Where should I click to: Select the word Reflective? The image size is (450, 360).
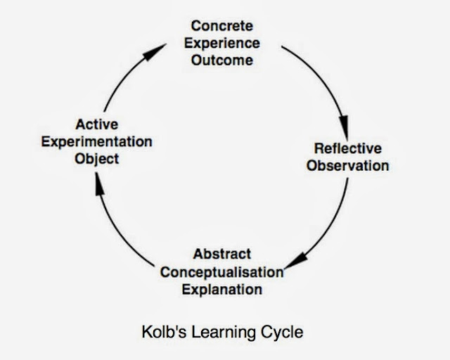click(347, 149)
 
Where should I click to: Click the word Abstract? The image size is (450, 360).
click(221, 254)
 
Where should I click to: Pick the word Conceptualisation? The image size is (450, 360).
click(221, 271)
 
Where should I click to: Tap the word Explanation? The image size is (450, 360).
click(221, 288)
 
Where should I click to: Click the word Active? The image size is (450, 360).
click(96, 125)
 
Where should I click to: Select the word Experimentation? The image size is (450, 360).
click(96, 141)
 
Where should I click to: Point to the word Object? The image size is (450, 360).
click(96, 158)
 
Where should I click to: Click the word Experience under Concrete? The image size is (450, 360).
click(221, 44)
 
